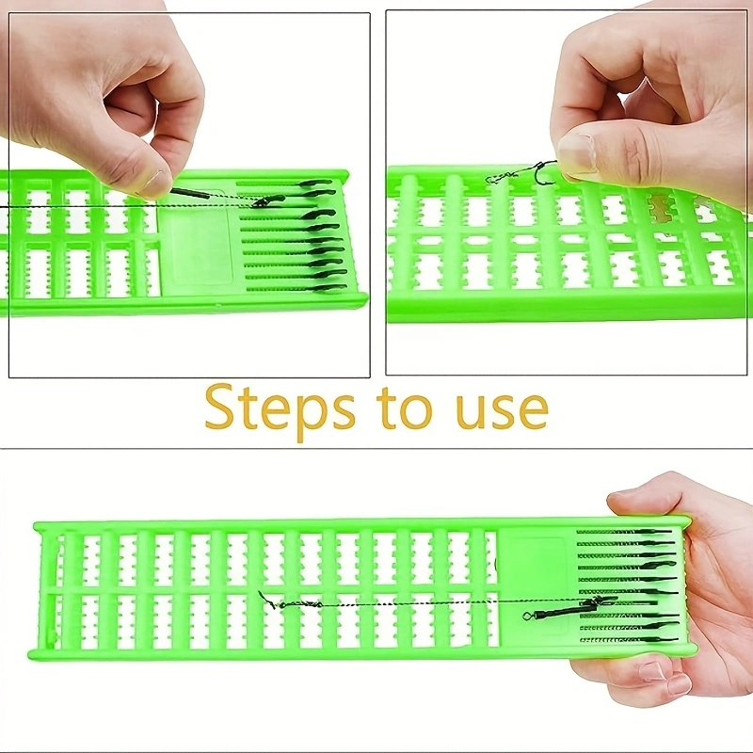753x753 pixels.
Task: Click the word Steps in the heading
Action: [x=280, y=412]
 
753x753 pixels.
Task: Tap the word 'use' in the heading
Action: [x=503, y=411]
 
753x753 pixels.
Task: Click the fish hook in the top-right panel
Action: [x=544, y=172]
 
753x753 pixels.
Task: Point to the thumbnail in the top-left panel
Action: [x=153, y=182]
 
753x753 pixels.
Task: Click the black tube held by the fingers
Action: [x=190, y=194]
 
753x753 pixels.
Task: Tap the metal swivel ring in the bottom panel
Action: [x=527, y=616]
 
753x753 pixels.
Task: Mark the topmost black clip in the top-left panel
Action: [x=317, y=183]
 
